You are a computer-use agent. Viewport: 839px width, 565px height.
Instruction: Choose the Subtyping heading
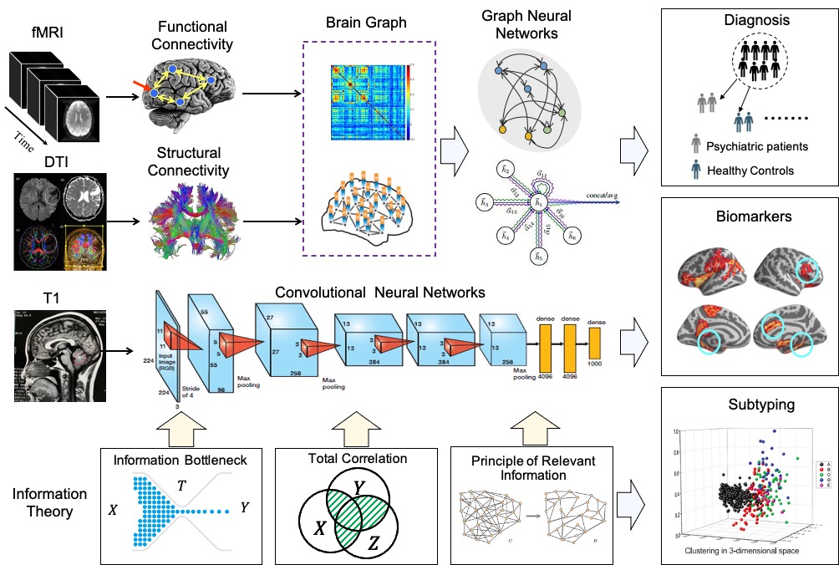744,405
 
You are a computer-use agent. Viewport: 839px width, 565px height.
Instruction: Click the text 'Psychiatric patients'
757,146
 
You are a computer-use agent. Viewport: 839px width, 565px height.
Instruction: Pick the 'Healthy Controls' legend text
751,171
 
